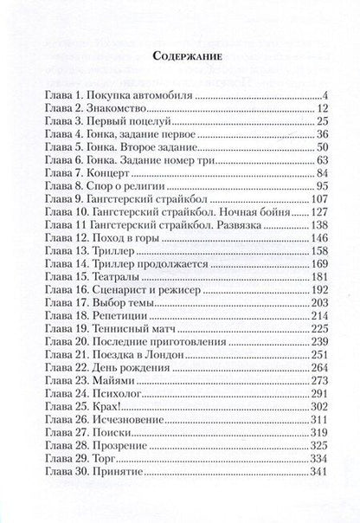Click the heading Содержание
pyautogui.click(x=180, y=55)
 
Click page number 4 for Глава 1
pyautogui.click(x=320, y=95)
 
